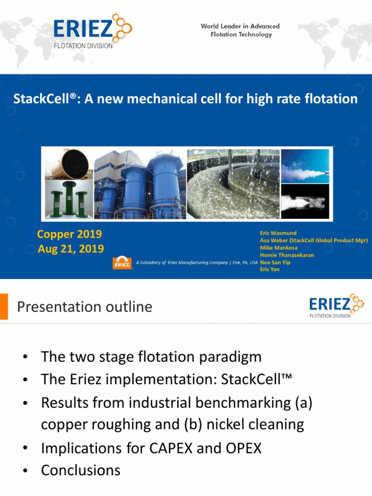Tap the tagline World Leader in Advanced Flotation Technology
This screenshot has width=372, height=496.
[x=240, y=31]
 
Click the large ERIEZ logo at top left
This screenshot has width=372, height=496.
[x=92, y=31]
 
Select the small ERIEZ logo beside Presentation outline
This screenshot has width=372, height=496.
[x=336, y=306]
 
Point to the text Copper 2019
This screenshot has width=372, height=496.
[x=69, y=234]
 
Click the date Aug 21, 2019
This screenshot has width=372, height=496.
[x=71, y=249]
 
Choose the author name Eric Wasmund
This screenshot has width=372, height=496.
[x=279, y=233]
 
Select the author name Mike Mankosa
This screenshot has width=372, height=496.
[x=279, y=248]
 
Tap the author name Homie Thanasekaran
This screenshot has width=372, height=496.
[x=287, y=255]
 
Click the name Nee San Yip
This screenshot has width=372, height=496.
[x=276, y=262]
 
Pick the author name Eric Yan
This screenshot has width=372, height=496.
[x=270, y=269]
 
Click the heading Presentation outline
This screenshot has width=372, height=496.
[x=85, y=307]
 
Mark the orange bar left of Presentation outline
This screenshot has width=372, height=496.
[x=4, y=306]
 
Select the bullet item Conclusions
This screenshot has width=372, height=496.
[x=81, y=470]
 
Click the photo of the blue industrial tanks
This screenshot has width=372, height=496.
[x=139, y=184]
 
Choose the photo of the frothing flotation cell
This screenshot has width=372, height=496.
[x=233, y=184]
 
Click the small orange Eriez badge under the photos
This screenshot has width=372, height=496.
[x=123, y=263]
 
